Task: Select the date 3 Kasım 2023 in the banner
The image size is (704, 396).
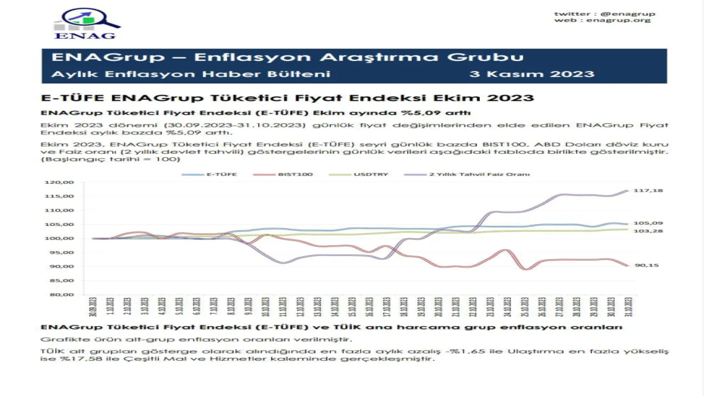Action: click(x=532, y=74)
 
